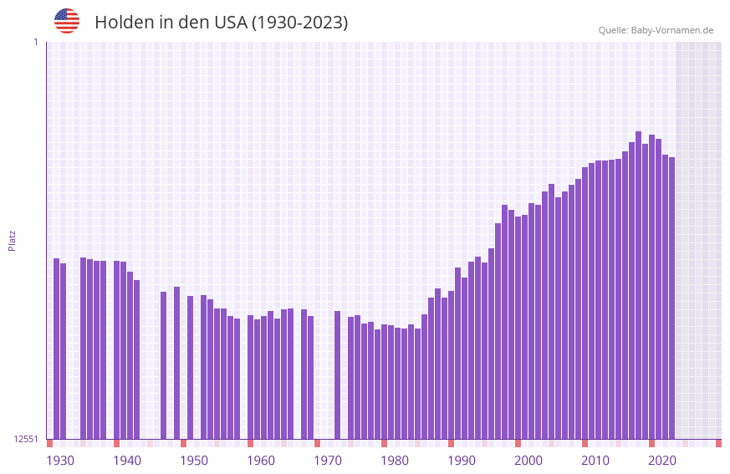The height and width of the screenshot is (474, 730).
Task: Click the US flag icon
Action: (67, 21)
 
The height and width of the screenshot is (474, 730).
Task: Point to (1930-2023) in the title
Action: (300, 23)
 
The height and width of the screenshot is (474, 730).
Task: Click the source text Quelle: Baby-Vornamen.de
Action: (656, 30)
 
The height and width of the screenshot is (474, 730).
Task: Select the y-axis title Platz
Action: (12, 240)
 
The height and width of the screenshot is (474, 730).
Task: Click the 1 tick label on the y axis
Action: (35, 42)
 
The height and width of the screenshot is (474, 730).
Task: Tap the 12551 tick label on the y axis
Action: (27, 439)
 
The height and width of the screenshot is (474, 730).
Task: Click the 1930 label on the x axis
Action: (60, 461)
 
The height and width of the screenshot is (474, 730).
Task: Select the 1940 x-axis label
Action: (127, 461)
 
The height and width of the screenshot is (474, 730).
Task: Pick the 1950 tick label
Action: (194, 461)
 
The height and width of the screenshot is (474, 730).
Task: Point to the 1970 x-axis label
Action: (328, 461)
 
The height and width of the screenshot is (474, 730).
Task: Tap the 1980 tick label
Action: (395, 461)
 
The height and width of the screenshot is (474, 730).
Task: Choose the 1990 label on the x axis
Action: (462, 461)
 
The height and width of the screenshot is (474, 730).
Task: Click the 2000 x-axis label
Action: (528, 461)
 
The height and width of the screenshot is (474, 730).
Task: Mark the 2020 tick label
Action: (662, 461)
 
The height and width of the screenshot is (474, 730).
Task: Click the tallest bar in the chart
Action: (638, 284)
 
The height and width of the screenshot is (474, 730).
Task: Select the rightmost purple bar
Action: (671, 298)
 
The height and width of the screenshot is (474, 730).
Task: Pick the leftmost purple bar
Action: (56, 349)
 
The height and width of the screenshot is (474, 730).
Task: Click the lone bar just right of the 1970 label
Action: (337, 375)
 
